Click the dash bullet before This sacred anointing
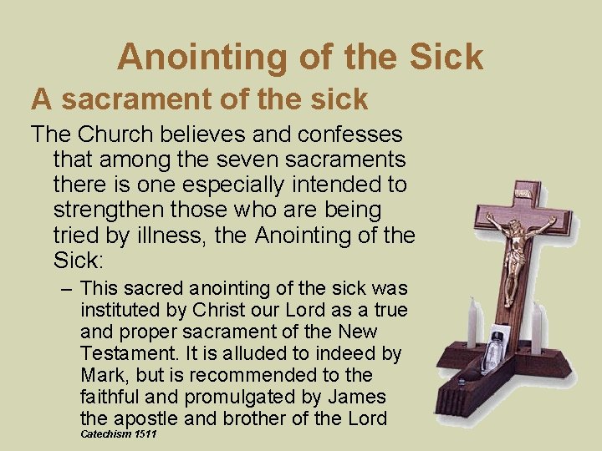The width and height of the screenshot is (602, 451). point(67,289)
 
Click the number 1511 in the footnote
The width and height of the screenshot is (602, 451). point(144,436)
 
